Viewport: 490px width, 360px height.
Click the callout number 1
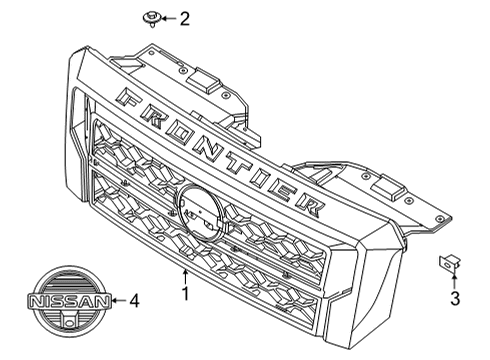point(183,294)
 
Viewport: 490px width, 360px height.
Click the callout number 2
point(184,17)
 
